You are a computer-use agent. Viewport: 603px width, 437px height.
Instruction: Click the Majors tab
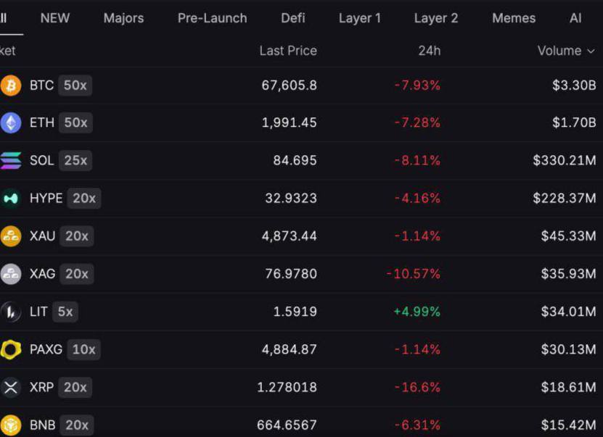tap(123, 18)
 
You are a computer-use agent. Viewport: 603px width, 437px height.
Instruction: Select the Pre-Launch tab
tap(213, 18)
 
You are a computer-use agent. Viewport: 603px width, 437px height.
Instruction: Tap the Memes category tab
tap(514, 18)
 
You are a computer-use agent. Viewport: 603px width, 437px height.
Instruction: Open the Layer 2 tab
tap(436, 18)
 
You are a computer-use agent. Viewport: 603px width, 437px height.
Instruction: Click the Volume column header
tap(566, 51)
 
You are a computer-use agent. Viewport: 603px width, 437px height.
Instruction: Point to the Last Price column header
tap(288, 51)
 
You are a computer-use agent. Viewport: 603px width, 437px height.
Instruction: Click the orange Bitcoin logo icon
tap(11, 85)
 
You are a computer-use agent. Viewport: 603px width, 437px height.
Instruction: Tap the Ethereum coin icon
tap(11, 122)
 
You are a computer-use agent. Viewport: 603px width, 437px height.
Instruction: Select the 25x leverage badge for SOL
tap(75, 160)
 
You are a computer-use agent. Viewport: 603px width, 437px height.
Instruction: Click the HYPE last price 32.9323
tap(291, 198)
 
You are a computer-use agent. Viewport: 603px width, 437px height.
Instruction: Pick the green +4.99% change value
tap(417, 312)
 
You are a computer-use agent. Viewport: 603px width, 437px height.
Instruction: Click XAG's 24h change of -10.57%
tap(414, 274)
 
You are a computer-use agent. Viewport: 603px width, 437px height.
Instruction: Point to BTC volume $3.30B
tap(574, 85)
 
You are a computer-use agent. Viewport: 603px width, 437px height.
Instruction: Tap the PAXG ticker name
tap(46, 349)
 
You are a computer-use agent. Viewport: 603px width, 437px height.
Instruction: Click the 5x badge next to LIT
tap(65, 312)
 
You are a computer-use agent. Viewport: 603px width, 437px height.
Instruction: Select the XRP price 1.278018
tap(287, 387)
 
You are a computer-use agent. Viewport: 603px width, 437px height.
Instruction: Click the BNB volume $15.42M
tap(568, 425)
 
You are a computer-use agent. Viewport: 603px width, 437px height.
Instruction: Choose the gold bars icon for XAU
tap(11, 236)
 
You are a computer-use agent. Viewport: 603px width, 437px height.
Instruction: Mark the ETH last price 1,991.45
tap(290, 122)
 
